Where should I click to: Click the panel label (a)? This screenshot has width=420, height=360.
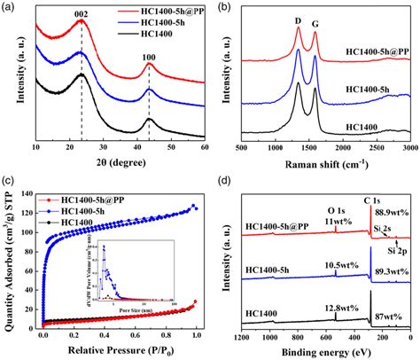point(9,7)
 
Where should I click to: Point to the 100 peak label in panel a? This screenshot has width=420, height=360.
point(148,55)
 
